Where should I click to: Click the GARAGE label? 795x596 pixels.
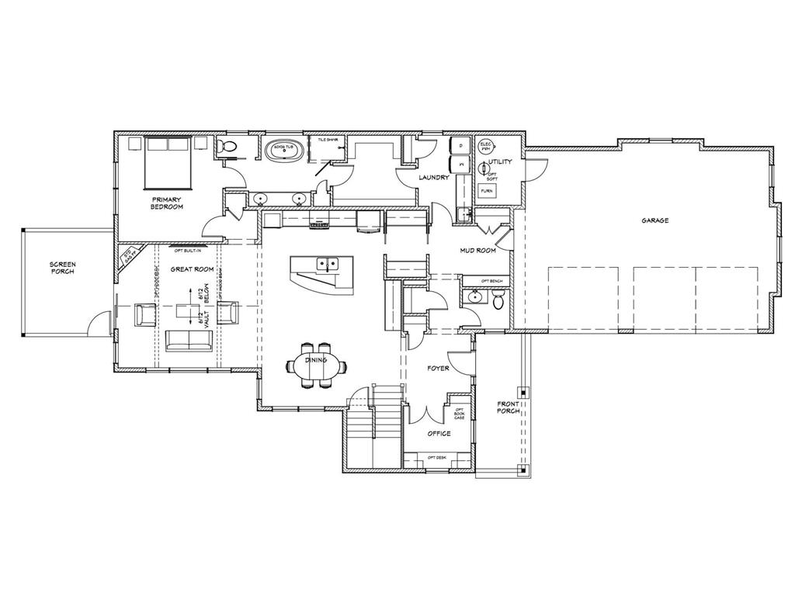[x=654, y=220]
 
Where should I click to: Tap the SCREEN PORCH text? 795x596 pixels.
[x=63, y=268]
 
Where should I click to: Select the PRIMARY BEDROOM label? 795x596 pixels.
[x=167, y=203]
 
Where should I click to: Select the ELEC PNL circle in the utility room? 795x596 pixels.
[x=486, y=146]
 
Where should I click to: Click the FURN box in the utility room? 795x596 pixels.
[x=487, y=190]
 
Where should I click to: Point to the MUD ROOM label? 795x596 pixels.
[x=478, y=251]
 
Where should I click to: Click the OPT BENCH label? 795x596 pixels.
[x=491, y=280]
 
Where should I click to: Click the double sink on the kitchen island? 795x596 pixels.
[x=327, y=265]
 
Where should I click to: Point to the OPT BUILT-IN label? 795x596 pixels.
[x=187, y=250]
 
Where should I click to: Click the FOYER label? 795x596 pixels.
[x=439, y=368]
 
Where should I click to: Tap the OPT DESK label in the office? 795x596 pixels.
[x=437, y=457]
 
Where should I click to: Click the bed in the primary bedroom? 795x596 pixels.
[x=168, y=161]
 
